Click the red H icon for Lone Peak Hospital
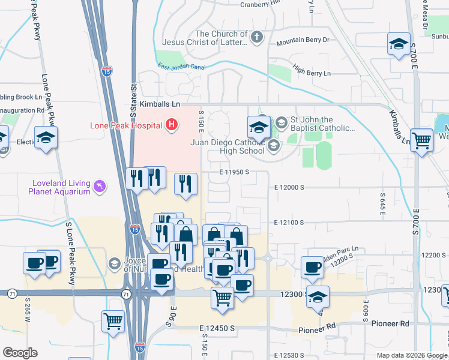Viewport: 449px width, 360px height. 172,125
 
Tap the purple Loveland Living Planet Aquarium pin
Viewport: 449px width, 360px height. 99,187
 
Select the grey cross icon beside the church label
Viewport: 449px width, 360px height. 256,38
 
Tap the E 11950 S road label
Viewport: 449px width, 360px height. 234,172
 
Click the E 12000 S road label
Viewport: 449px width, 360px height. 289,187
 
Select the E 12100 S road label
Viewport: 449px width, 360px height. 289,222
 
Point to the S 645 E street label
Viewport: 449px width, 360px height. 382,205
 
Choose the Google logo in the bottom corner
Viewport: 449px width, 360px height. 20,353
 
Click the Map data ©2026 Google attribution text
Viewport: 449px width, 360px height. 411,355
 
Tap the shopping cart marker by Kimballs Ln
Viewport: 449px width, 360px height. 422,141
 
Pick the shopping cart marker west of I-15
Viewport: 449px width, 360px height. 113,322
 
